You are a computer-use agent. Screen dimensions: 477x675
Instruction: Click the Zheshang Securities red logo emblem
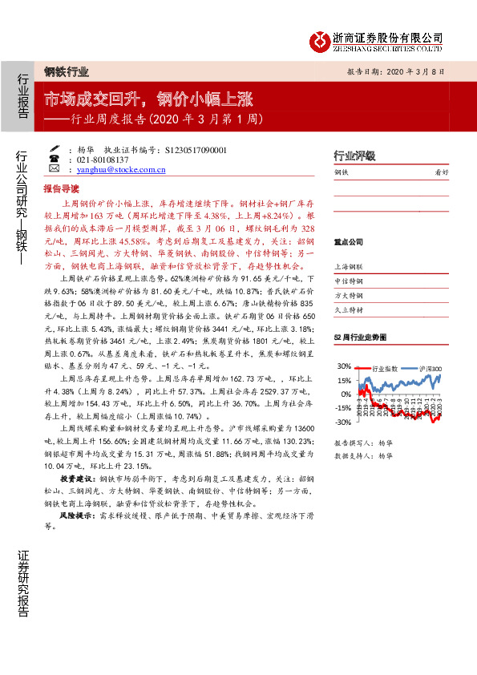(x=320, y=39)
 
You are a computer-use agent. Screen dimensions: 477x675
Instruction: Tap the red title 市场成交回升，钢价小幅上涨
(x=148, y=99)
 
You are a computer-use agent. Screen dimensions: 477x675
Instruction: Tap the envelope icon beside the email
(x=53, y=170)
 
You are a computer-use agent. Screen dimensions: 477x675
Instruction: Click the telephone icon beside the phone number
(x=53, y=160)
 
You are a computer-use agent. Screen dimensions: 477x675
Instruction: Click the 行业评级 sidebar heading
(x=354, y=156)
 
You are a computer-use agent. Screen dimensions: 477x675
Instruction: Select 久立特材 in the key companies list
(x=349, y=310)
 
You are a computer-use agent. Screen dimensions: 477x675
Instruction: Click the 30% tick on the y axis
(x=343, y=367)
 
